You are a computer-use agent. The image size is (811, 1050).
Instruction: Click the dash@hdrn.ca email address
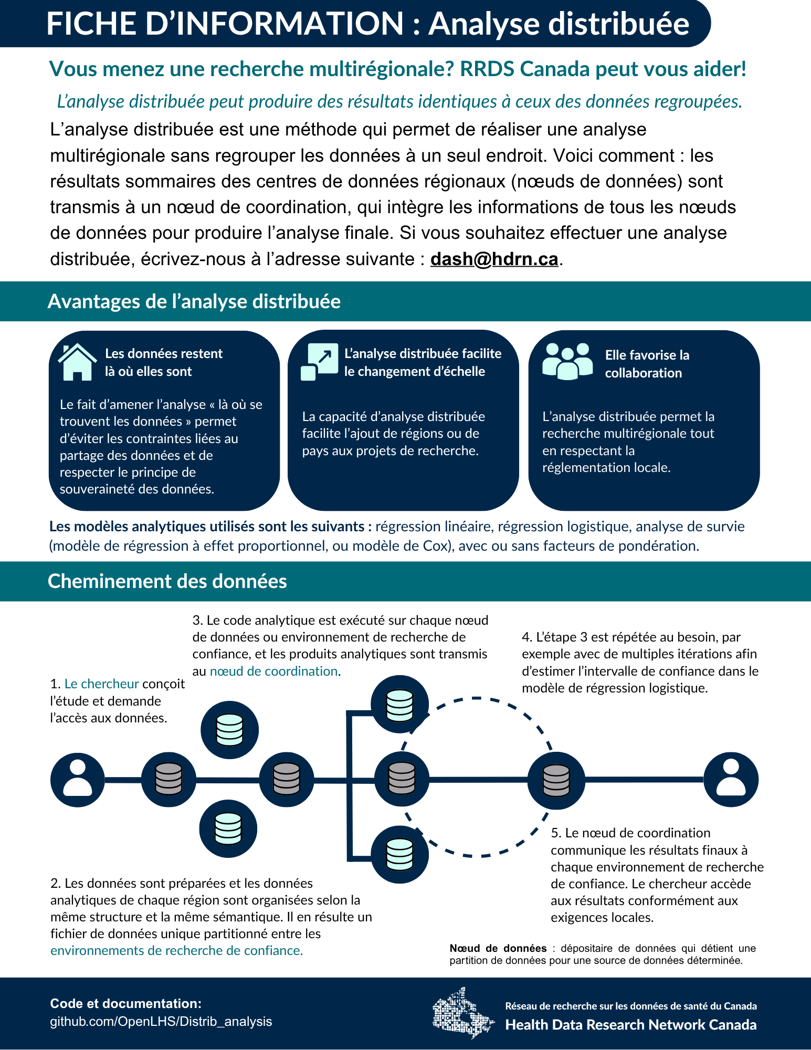click(494, 259)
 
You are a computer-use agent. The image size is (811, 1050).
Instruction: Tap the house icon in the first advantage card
click(77, 362)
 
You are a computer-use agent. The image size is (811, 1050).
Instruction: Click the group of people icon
click(567, 361)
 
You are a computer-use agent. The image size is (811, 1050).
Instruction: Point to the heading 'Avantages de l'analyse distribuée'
click(194, 302)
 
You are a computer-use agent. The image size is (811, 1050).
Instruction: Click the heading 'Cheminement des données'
click(167, 582)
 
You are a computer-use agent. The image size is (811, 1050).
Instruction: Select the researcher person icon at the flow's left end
click(77, 780)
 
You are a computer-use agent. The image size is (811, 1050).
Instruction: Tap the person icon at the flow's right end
click(731, 780)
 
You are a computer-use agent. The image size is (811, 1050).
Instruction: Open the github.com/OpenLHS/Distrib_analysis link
click(161, 1022)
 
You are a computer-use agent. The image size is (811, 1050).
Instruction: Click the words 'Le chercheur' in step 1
click(101, 684)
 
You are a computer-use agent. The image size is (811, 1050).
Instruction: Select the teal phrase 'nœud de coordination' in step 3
click(273, 671)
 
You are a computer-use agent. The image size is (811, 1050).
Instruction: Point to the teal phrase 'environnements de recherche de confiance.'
click(176, 951)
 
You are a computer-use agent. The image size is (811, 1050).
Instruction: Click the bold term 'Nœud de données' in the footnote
click(498, 948)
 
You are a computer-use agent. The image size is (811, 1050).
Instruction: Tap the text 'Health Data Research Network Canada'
click(630, 1025)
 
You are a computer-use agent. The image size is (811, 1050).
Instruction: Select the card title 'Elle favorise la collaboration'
click(647, 364)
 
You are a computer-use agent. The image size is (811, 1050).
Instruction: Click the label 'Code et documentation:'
click(125, 1004)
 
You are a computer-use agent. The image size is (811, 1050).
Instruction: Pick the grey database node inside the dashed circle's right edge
click(556, 780)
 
